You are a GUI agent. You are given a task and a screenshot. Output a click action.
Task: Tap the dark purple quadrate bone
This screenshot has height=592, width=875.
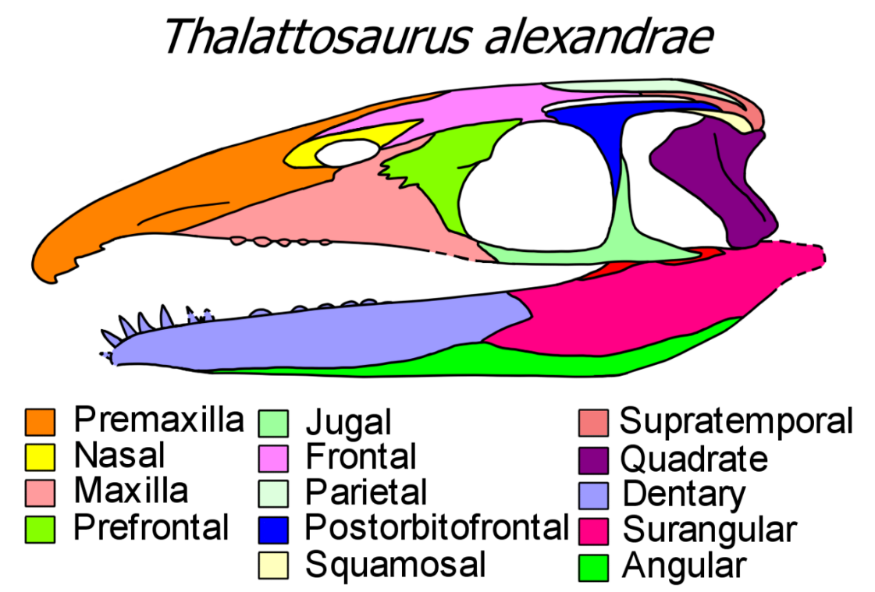[720, 179]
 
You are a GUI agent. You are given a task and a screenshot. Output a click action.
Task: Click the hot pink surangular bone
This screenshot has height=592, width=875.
[642, 301]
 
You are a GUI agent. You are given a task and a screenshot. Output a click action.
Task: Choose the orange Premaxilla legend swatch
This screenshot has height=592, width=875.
[40, 422]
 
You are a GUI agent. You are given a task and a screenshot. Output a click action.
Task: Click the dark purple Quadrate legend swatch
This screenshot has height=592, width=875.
[593, 459]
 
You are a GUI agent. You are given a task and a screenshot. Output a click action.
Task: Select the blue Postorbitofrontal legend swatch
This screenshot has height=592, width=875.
[273, 530]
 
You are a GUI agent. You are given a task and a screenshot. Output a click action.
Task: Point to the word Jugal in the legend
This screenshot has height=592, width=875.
[349, 424]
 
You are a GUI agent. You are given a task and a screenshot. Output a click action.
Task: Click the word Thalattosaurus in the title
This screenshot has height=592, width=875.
[318, 37]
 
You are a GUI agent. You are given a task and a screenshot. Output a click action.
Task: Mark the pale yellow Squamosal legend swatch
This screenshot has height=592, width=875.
[273, 565]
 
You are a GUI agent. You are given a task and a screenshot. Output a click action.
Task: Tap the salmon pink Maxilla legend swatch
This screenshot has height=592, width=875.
[40, 493]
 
